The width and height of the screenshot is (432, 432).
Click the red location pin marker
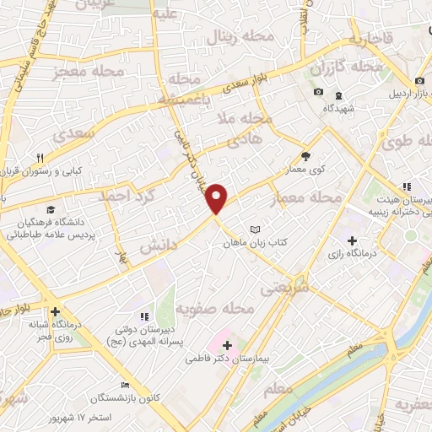(x=217, y=199)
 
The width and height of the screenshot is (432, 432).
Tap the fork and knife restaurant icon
(x=40, y=158)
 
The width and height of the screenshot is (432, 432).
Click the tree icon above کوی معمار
(x=305, y=156)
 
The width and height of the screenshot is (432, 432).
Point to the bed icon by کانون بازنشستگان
(x=125, y=385)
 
